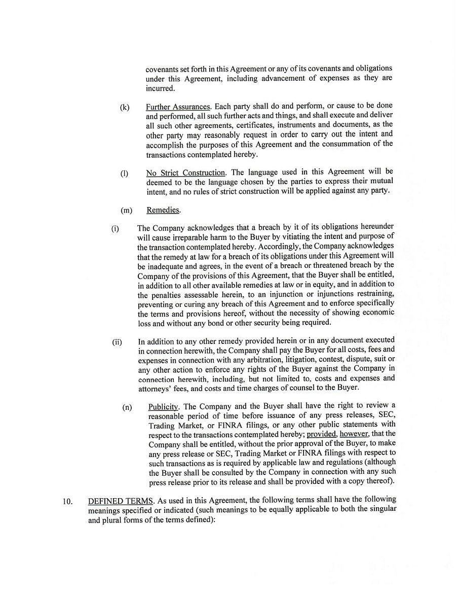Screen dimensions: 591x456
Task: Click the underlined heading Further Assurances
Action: (178, 107)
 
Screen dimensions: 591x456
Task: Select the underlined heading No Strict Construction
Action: (185, 173)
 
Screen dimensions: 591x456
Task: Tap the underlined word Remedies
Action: (163, 210)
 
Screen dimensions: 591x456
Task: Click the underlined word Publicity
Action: (163, 407)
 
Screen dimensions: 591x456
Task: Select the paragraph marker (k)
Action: (125, 108)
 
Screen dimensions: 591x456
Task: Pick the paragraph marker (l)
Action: (124, 173)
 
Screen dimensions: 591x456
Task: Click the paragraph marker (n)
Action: (127, 407)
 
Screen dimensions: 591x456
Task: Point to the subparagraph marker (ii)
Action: (117, 342)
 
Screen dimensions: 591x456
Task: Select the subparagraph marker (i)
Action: (115, 228)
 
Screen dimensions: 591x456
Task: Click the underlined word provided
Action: (322, 434)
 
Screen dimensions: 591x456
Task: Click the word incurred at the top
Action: (160, 88)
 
